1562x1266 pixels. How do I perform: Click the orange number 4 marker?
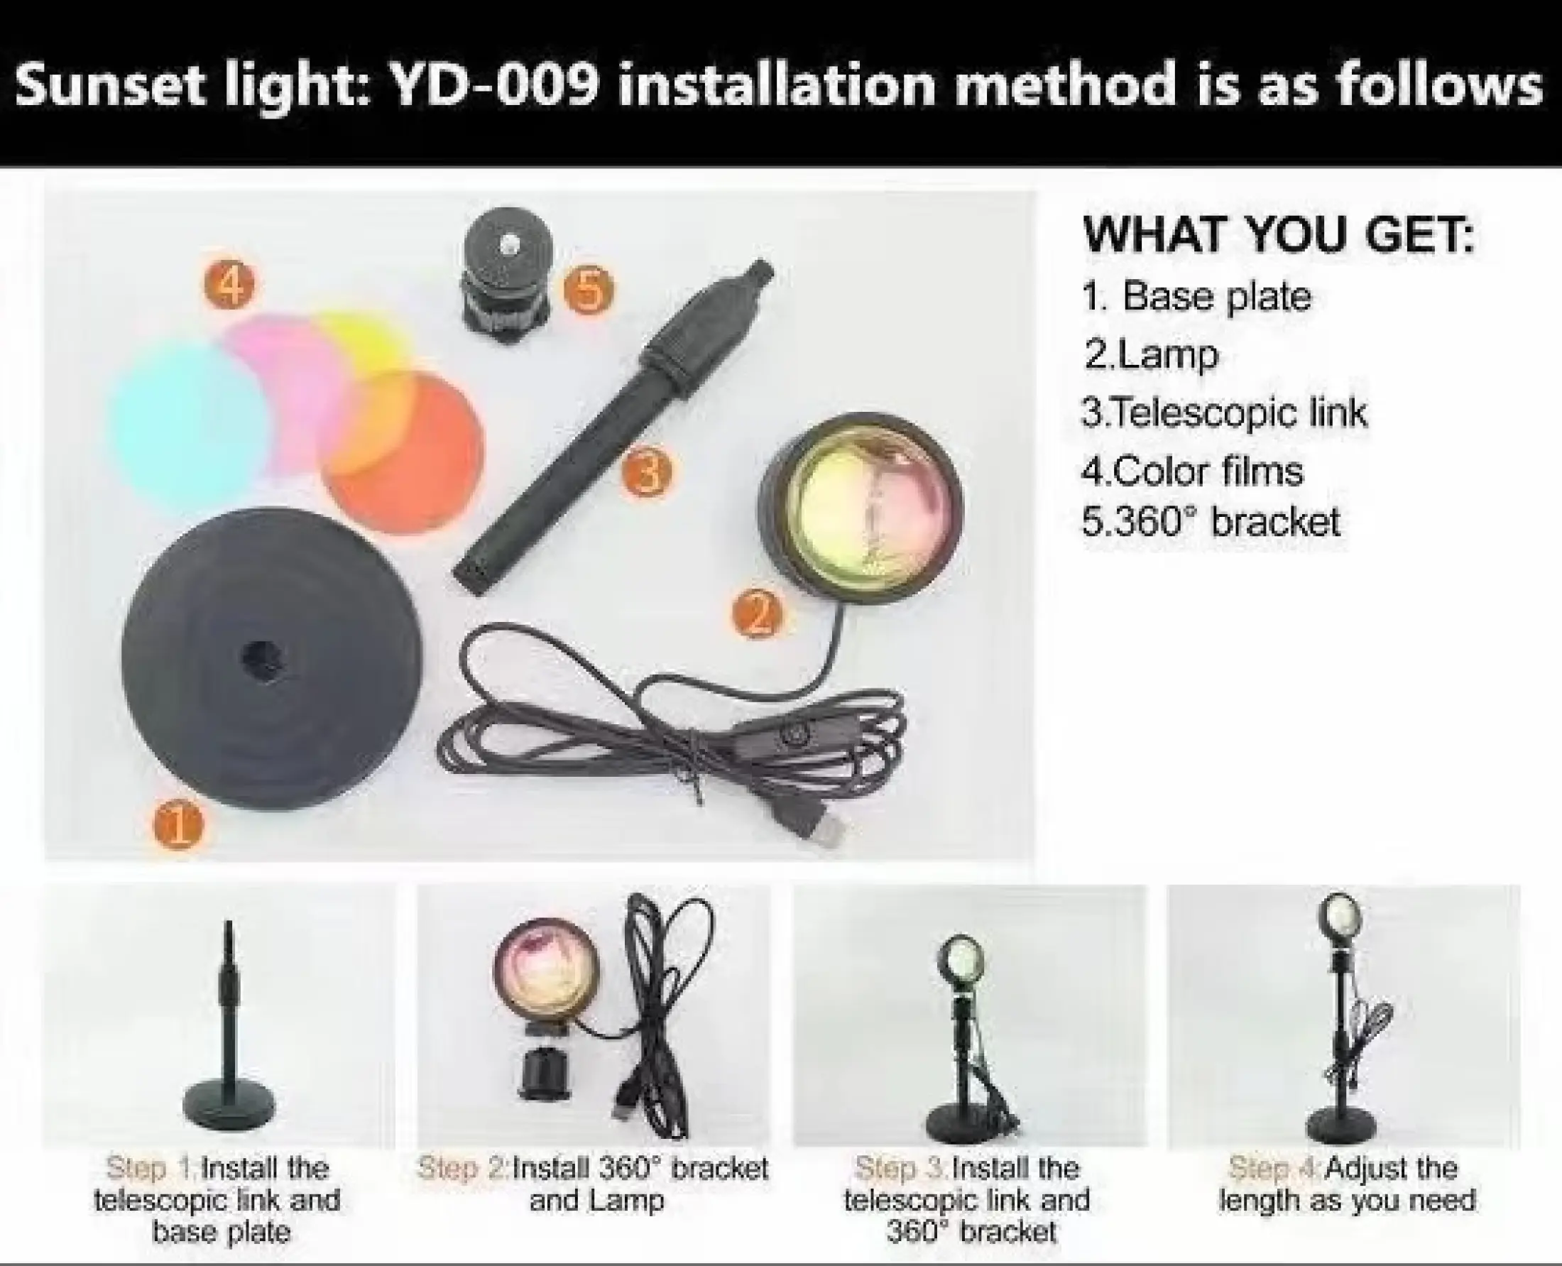tap(230, 285)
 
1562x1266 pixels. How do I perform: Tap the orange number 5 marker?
tap(589, 290)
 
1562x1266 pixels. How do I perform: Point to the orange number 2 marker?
tap(758, 614)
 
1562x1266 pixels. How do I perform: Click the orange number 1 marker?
tap(180, 825)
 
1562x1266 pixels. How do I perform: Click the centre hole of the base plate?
tap(260, 657)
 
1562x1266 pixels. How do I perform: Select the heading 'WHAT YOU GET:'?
tap(1278, 235)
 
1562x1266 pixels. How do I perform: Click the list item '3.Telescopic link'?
tap(1224, 413)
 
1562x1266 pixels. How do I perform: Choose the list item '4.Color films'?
tap(1192, 470)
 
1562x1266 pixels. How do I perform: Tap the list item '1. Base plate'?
tap(1196, 296)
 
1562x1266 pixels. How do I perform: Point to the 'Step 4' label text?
tap(1274, 1167)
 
